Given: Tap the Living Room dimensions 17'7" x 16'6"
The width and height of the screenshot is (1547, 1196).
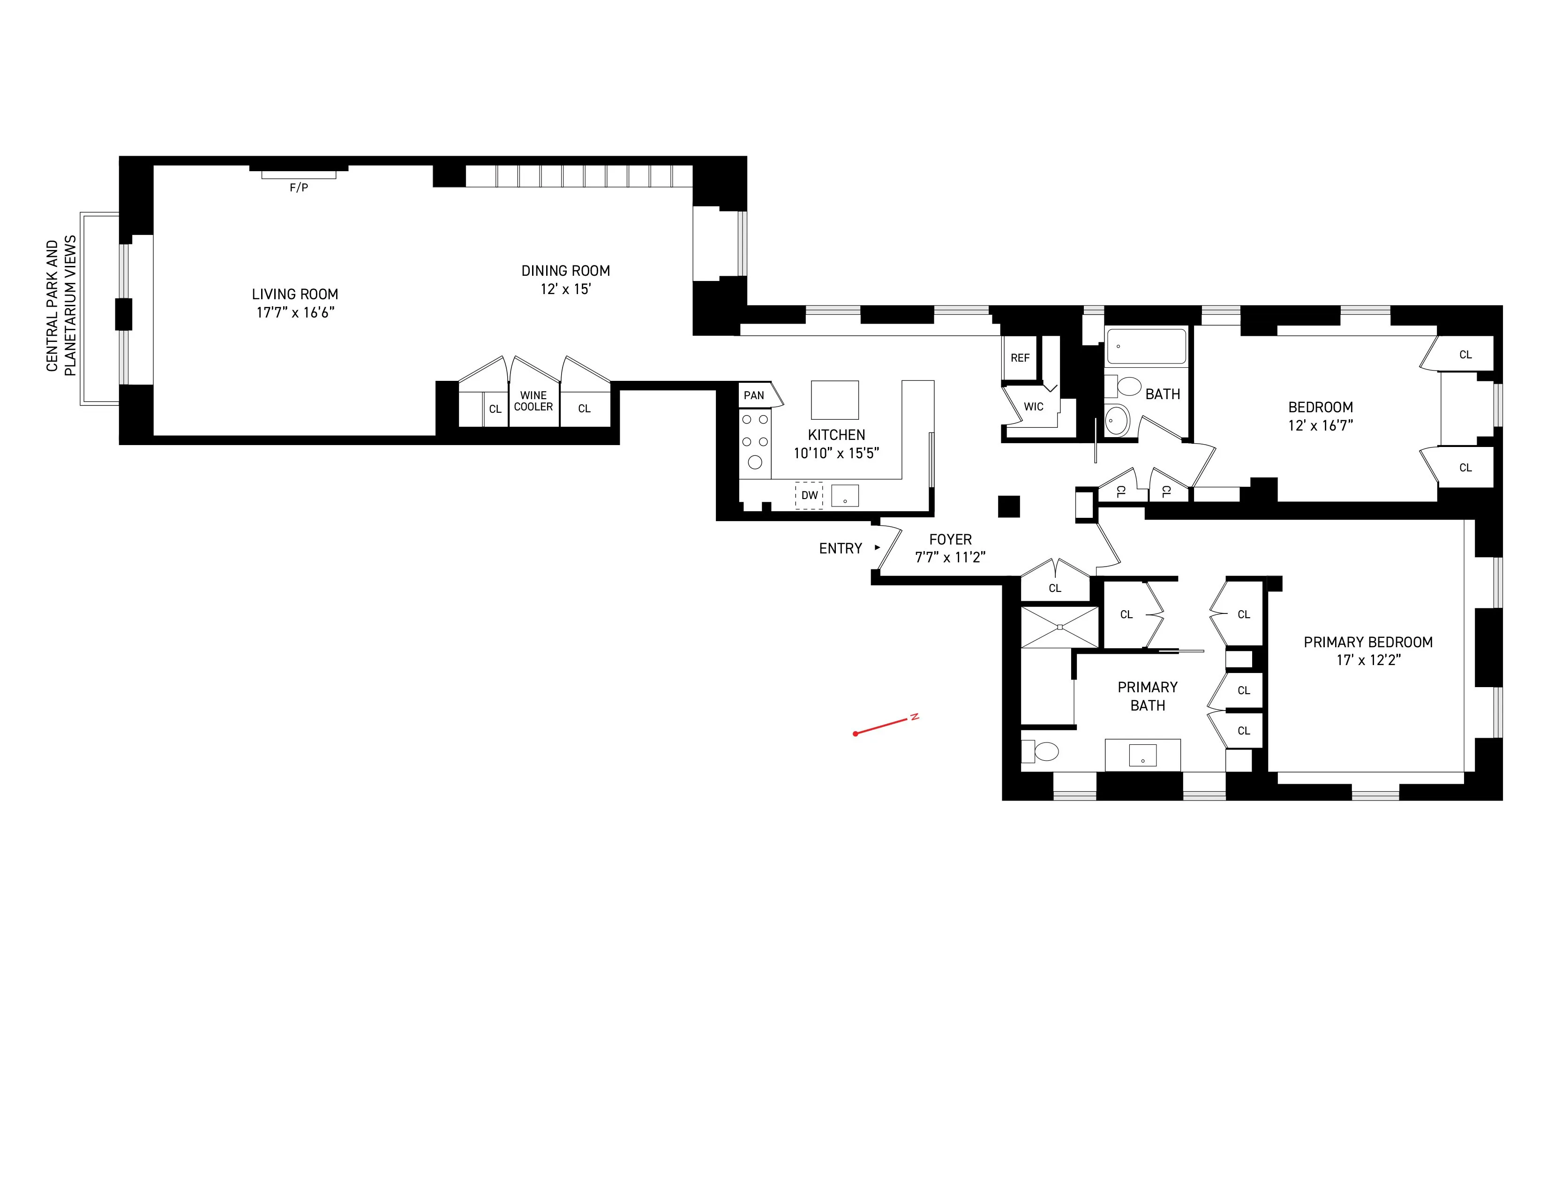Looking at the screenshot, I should (295, 312).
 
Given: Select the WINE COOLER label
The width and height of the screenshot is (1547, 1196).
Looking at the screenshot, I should (533, 401).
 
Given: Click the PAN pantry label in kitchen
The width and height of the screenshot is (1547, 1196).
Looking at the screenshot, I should (754, 395).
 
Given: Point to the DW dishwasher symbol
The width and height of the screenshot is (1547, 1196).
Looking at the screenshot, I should (809, 495).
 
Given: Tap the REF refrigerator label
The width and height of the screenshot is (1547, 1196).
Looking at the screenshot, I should (1020, 358).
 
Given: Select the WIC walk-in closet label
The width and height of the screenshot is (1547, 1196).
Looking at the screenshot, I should (1034, 407).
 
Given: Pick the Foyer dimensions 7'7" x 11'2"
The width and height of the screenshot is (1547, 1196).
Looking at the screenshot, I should (950, 558).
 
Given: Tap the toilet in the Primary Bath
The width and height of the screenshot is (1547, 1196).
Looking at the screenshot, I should (1041, 751).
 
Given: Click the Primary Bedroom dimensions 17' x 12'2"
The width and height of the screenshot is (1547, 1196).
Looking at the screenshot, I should (1368, 660).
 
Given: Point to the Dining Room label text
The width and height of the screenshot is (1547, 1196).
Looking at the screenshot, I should (565, 271).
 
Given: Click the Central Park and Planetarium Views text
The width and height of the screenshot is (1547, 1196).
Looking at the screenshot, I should (61, 306).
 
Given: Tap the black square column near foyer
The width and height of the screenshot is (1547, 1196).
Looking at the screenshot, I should (1009, 507).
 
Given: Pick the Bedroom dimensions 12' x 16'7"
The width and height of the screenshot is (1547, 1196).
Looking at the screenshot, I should (1320, 425).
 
